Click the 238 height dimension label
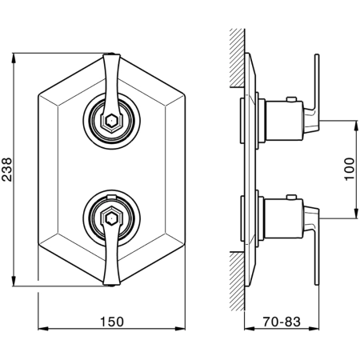pos(6,170)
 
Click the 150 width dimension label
pos(112,322)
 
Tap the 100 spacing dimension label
pos(350,169)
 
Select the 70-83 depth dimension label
pos(282,322)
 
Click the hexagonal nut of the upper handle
pos(111,122)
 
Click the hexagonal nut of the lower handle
pos(111,218)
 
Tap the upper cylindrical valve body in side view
pos(284,121)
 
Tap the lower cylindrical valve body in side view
pos(284,218)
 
